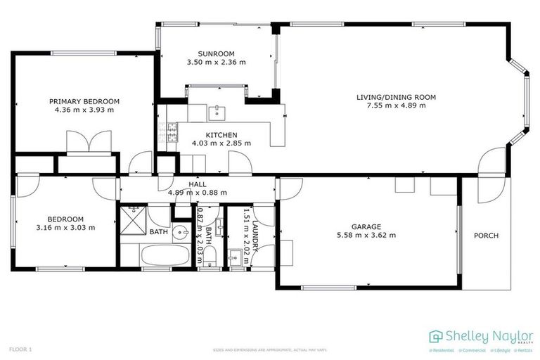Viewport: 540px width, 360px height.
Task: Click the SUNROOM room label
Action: [x=216, y=53]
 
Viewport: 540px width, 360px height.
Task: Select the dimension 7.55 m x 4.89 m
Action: [x=396, y=106]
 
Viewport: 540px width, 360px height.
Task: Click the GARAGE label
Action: [x=366, y=226]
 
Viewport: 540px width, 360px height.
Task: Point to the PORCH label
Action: [x=486, y=236]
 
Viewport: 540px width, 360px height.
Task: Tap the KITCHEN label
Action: [x=221, y=135]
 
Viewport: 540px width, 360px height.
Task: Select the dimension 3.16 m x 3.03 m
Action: [x=65, y=227]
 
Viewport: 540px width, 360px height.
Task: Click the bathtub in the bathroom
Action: [x=165, y=255]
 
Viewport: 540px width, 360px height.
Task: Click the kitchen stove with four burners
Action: [x=170, y=132]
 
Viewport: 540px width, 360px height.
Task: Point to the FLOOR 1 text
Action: [x=20, y=349]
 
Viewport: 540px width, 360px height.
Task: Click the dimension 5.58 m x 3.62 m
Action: [x=366, y=236]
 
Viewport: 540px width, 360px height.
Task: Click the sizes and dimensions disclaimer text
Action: [x=270, y=349]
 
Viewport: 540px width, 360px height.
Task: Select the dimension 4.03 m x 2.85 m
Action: [x=221, y=143]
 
